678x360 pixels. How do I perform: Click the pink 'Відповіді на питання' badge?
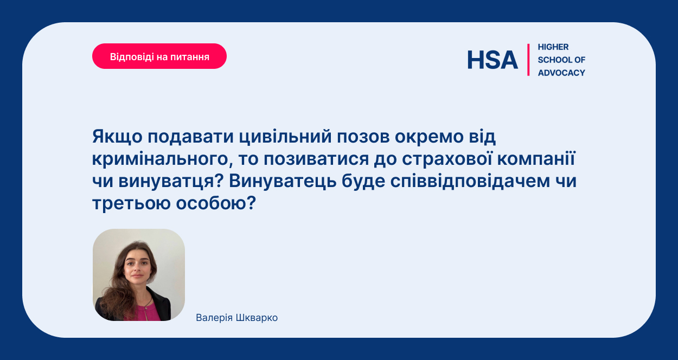click(x=159, y=56)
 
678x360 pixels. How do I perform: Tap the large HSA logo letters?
click(x=492, y=60)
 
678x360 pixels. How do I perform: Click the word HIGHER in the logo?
click(x=553, y=47)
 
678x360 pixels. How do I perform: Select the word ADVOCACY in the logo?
click(x=561, y=73)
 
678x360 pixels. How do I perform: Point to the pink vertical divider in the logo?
click(x=528, y=60)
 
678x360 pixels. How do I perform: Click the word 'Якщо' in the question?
click(x=117, y=137)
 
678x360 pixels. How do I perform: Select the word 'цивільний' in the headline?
click(x=285, y=137)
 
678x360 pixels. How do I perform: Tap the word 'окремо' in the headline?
click(x=429, y=137)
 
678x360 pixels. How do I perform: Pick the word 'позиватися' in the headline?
click(x=316, y=159)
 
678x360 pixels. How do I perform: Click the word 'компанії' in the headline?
click(x=536, y=159)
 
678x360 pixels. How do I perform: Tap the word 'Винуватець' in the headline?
click(x=283, y=181)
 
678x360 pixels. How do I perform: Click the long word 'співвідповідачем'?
click(x=470, y=181)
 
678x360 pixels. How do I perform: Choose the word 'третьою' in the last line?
click(x=131, y=203)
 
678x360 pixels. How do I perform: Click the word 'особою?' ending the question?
click(x=216, y=203)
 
